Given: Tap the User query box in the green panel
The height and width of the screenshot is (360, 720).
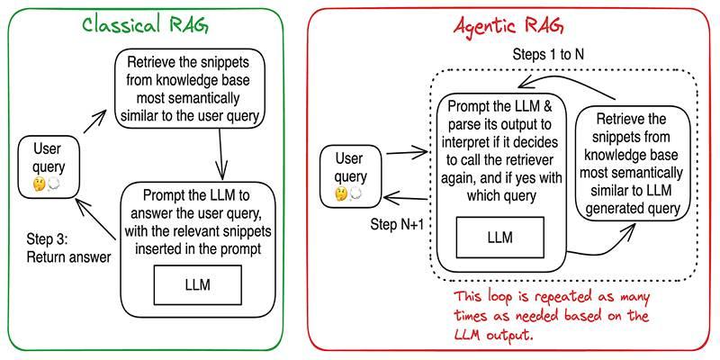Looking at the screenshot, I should pyautogui.click(x=47, y=162).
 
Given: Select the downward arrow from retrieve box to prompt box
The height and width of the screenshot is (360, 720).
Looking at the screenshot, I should pyautogui.click(x=220, y=153).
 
